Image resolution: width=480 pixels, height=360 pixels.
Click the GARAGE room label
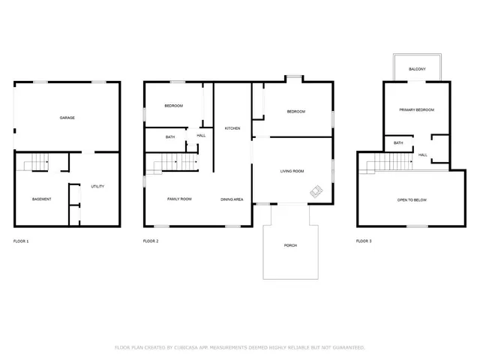(67, 118)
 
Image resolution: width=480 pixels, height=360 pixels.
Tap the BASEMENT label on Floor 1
(41, 199)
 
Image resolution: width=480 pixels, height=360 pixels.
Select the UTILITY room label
(97, 186)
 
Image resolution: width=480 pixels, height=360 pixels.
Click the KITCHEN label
(232, 129)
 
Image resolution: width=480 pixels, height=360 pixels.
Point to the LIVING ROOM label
(292, 172)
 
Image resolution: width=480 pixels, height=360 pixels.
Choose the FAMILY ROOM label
(179, 199)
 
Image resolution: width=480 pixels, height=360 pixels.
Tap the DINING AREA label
(232, 199)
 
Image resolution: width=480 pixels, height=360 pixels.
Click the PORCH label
(289, 246)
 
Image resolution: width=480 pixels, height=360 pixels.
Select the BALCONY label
(418, 69)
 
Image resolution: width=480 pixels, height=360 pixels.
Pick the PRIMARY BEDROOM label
(416, 110)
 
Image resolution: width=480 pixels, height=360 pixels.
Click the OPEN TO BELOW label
(412, 200)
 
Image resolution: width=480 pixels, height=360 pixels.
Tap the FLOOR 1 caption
(21, 241)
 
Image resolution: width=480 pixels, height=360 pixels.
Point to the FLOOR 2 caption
(151, 241)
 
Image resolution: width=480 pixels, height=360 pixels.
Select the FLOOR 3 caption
(364, 241)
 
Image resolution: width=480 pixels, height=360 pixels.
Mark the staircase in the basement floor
(34, 162)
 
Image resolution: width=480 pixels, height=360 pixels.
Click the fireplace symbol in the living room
(316, 192)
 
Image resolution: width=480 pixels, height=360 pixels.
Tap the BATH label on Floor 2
(170, 137)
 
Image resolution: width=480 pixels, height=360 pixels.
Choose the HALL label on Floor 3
(423, 155)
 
